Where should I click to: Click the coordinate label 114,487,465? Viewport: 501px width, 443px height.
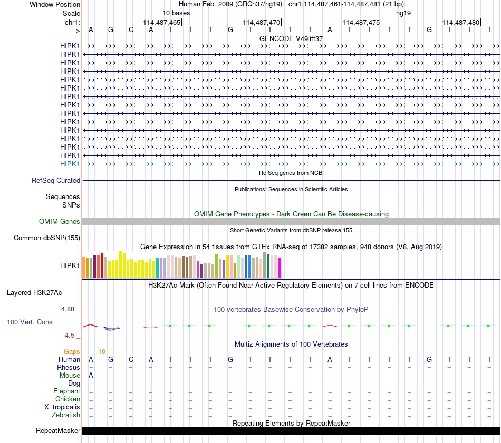pos(162,22)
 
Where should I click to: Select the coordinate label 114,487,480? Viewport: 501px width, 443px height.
pos(461,22)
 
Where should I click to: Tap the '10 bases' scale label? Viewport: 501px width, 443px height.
pos(176,13)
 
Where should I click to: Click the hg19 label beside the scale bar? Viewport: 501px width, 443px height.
pos(403,13)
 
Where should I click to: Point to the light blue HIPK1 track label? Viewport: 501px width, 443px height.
pos(70,164)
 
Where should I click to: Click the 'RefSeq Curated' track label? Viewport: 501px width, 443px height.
pos(56,180)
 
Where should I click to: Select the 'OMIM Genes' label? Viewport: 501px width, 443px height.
pos(60,221)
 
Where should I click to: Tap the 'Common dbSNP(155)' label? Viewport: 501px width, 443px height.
pos(47,238)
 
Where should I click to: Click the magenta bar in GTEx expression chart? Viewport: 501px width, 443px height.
pos(280,268)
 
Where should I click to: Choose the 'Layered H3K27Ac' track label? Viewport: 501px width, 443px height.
pos(34,293)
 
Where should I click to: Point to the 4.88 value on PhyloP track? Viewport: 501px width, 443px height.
pos(68,309)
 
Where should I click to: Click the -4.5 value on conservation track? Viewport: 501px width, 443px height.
pos(69,336)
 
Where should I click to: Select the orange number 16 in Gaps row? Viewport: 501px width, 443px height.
pos(102,352)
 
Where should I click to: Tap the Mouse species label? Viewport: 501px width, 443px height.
pos(70,376)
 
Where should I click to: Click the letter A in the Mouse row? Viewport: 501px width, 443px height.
pos(91,376)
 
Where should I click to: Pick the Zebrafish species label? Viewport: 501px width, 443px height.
pos(66,415)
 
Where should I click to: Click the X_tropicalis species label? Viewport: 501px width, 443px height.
pos(62,407)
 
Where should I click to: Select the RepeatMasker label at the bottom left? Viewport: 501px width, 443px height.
pos(58,430)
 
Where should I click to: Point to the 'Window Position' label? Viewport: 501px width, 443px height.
pos(55,4)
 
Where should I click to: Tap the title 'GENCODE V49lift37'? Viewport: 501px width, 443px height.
pos(291,38)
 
